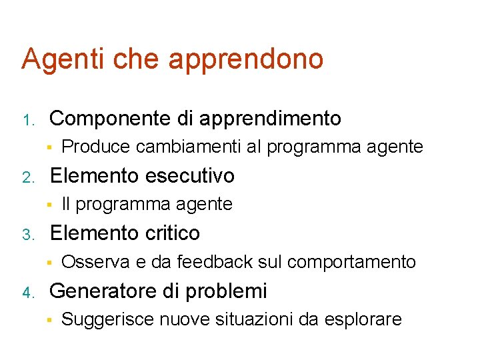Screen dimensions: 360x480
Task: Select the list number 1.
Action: [x=28, y=121]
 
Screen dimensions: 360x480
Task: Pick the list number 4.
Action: [x=28, y=293]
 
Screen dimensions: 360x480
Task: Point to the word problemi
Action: [x=235, y=291]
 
